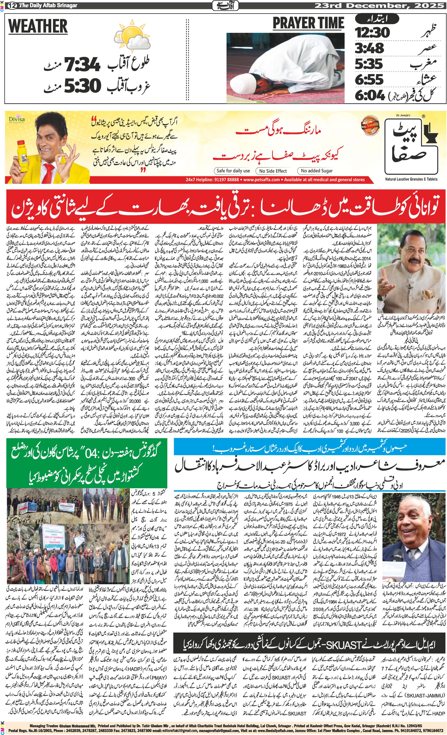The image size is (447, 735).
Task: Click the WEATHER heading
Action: click(38, 26)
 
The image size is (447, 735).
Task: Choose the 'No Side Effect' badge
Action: click(273, 171)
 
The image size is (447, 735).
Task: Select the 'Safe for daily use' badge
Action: click(233, 171)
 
